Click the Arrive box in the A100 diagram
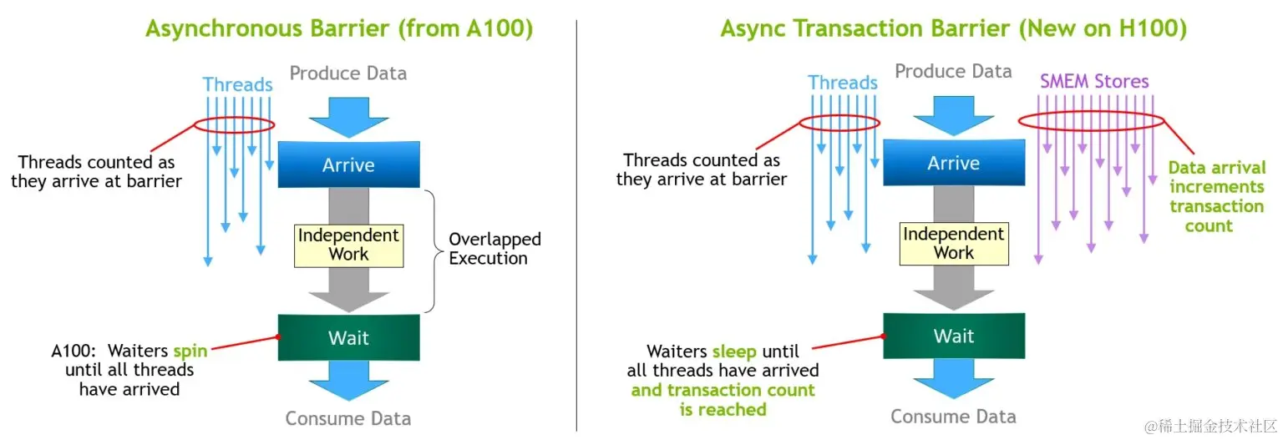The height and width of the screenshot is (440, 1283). point(349,164)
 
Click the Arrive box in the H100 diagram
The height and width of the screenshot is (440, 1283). point(954,163)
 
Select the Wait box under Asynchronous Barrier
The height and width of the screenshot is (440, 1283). point(349,337)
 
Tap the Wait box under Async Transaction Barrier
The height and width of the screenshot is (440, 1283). point(954,336)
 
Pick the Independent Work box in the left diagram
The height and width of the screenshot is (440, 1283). point(349,245)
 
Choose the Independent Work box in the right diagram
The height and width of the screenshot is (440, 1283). point(954,244)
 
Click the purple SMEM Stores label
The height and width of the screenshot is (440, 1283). point(1094,81)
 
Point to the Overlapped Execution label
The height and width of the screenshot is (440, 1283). point(494,248)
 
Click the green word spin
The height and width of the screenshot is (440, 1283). point(190,351)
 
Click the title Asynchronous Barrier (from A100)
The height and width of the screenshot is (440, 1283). point(339,28)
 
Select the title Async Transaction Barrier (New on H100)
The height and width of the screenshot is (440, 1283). point(954,28)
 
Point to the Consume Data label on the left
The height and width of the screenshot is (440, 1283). point(348,418)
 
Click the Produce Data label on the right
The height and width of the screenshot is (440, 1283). point(954,71)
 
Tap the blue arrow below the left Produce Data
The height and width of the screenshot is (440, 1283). point(349,117)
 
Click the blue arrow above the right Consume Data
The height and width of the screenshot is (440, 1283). point(954,379)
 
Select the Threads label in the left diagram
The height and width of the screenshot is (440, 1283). point(238,84)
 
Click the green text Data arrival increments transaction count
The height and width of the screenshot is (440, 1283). point(1216,196)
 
